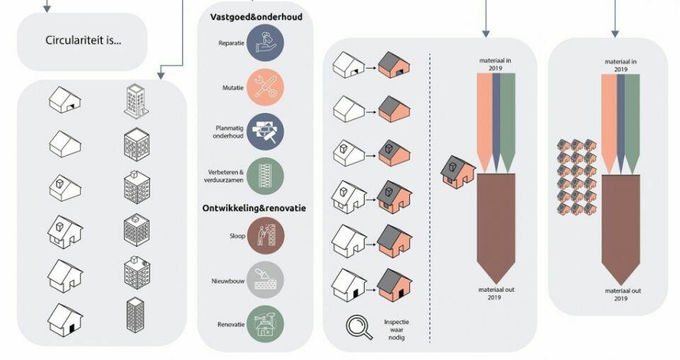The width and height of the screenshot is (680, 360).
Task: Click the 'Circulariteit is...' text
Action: click(84, 40)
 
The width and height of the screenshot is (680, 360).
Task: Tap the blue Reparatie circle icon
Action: click(266, 43)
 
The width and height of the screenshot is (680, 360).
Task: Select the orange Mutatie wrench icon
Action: click(266, 86)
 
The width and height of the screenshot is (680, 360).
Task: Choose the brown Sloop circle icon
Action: click(266, 235)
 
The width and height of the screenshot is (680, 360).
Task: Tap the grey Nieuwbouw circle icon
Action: click(266, 279)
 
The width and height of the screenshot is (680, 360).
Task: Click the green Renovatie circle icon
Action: click(266, 324)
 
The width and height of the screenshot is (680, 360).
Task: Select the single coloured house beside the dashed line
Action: click(457, 172)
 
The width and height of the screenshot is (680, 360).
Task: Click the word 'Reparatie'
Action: click(232, 43)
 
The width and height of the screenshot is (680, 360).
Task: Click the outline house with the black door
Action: click(65, 320)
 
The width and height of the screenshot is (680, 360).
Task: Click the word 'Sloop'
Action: click(237, 236)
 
